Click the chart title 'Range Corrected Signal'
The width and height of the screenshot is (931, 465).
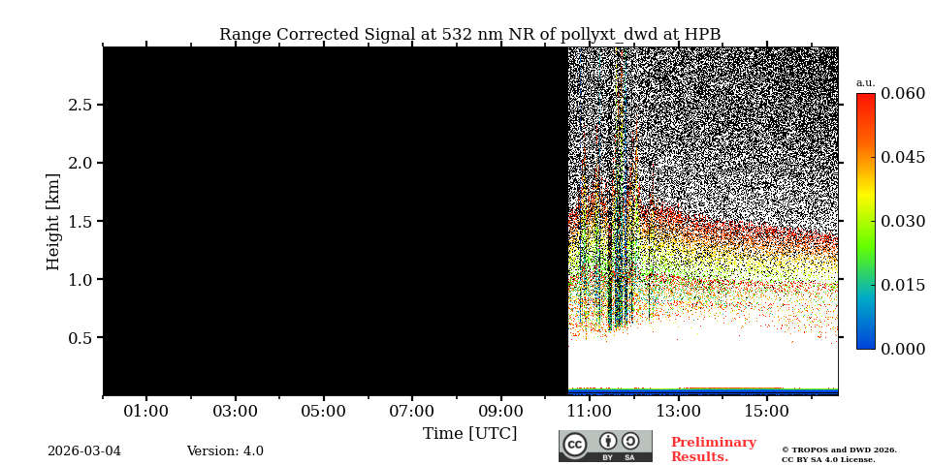coord(469,35)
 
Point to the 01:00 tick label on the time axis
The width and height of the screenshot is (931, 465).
coord(146,412)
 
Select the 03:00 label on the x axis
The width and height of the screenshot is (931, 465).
coord(235,412)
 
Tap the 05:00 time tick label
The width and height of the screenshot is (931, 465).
coord(323,412)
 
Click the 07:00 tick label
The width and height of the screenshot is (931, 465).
coord(412,412)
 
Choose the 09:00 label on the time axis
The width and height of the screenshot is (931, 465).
coord(500,412)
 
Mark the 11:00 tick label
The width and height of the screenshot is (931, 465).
coord(590,412)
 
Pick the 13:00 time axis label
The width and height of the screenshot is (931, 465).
coord(678,412)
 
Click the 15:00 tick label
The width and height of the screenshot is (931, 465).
coord(766,412)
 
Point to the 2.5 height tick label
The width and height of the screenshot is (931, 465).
coord(80,105)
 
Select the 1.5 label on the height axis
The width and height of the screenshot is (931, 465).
coord(80,221)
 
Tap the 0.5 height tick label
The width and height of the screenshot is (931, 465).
coord(80,338)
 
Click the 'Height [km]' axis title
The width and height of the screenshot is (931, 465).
coord(53,221)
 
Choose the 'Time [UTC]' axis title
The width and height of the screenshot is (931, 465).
coord(469,433)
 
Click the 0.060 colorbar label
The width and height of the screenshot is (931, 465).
coord(902,94)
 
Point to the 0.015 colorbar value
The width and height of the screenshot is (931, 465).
coord(902,285)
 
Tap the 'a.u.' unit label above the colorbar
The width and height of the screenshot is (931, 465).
coord(865,83)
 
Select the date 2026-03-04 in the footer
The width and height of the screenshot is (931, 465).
coord(84,451)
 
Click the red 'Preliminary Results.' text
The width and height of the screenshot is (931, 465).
coord(713,449)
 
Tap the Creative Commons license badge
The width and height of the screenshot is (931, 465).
coord(605,446)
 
